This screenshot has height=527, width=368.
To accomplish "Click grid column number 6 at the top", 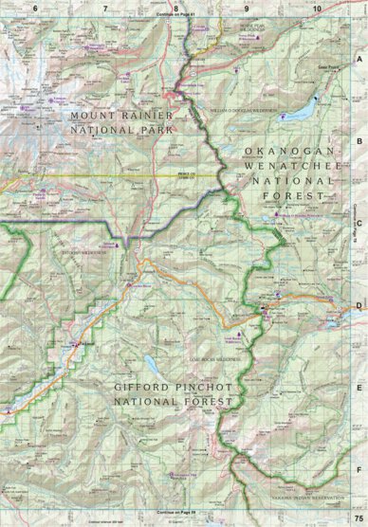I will pos(36,9).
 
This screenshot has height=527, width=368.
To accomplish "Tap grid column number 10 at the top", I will pos(316,9).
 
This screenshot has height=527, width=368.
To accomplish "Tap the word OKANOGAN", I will pos(284,151).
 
